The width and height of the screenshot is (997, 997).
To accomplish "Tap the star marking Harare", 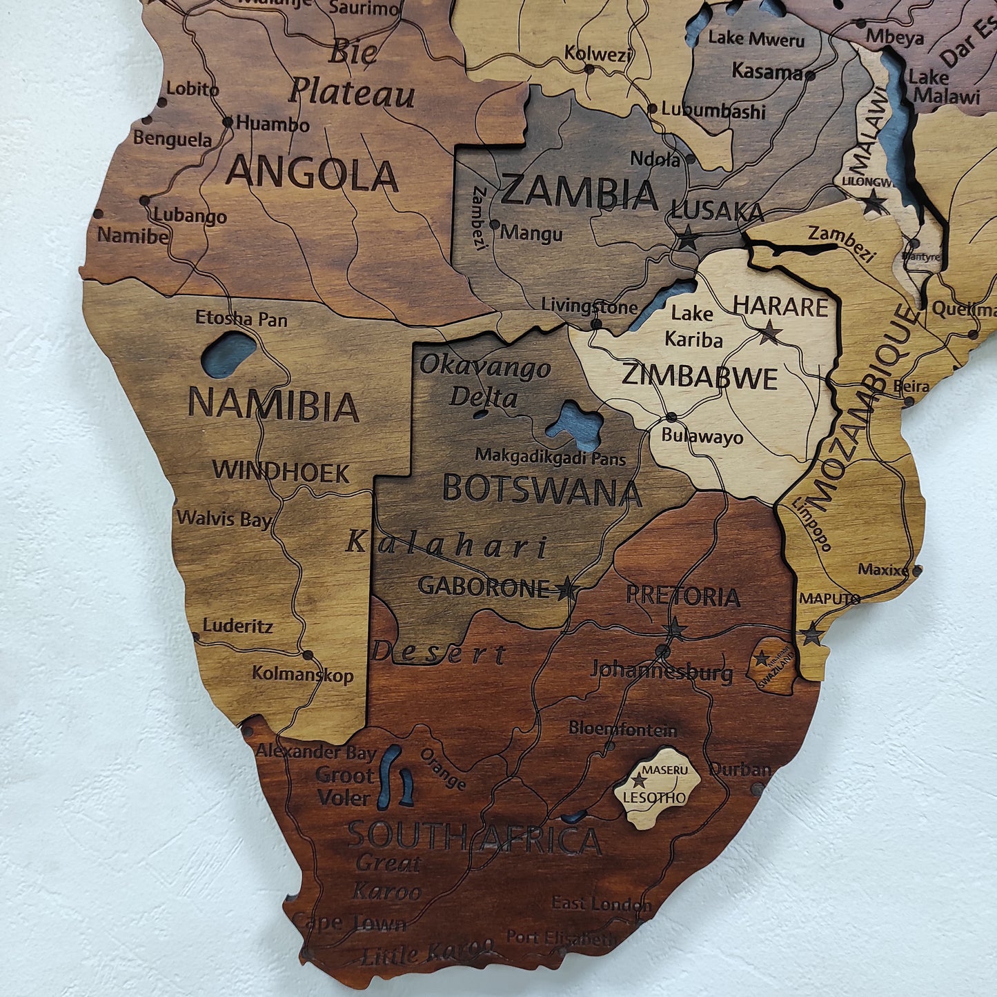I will click(770, 333).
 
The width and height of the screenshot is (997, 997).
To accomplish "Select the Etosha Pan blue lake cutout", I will click(228, 354).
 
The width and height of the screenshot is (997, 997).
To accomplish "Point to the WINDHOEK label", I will click(281, 471).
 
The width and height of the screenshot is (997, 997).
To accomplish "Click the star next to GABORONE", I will click(566, 589).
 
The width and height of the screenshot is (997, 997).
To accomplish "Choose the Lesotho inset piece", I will click(658, 789).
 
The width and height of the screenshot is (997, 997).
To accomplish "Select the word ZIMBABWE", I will click(700, 377).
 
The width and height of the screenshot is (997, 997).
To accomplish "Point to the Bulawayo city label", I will click(702, 437).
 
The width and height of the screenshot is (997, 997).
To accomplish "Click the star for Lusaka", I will click(688, 239).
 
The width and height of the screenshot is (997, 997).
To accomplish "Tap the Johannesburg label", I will click(662, 671).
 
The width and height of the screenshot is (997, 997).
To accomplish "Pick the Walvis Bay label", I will click(224, 519).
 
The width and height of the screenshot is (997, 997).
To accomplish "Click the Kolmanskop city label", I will click(302, 674).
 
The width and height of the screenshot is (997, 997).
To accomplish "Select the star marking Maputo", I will click(811, 633).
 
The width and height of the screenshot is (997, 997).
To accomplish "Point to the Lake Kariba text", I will click(693, 326).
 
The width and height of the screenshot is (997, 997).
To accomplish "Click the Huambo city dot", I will click(228, 122).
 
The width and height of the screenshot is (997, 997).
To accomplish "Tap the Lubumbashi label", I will click(713, 110).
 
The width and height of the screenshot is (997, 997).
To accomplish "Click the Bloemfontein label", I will click(623, 729).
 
